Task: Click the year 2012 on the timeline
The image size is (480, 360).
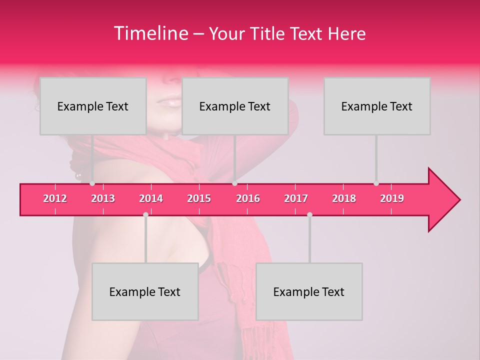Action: coord(55,198)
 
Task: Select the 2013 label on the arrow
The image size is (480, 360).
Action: coord(103,198)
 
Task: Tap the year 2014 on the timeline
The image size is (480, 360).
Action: coord(151,198)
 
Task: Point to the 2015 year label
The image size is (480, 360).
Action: coord(199,198)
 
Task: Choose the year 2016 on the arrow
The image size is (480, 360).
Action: coord(248,198)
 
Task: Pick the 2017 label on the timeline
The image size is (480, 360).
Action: coord(296,198)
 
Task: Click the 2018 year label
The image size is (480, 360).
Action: coord(344,198)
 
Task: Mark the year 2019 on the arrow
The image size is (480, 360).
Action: coord(392,198)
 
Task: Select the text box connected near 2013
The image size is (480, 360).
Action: coord(93,106)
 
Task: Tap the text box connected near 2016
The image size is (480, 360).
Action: coord(235,106)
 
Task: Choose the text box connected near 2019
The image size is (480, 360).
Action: coord(377,106)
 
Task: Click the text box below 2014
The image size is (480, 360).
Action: coord(145,291)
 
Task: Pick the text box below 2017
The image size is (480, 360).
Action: coord(309,291)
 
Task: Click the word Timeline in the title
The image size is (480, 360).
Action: coord(150,33)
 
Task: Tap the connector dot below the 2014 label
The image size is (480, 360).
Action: coord(145,214)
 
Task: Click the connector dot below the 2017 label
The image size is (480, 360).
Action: coord(309,214)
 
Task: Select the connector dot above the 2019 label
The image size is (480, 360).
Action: coord(376,183)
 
